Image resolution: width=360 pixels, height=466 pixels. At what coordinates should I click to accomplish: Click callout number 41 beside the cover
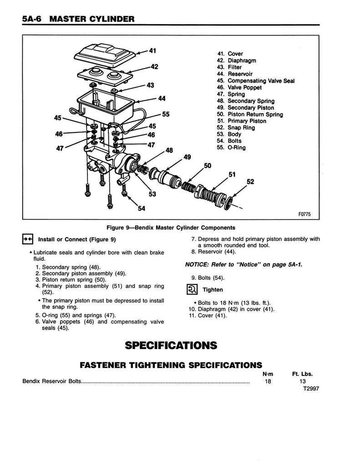tap(152, 51)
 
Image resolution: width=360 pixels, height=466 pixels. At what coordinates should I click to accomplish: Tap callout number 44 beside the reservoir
tap(161, 98)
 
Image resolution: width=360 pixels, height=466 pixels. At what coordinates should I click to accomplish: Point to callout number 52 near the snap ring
tap(250, 182)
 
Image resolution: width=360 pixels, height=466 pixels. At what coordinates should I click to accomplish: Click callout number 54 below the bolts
tap(142, 209)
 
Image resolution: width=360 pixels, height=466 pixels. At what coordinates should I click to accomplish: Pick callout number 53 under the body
tap(152, 194)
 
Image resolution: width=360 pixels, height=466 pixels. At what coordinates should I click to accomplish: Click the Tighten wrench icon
tap(192, 289)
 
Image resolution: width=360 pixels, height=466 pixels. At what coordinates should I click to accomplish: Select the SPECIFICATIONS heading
tap(171, 345)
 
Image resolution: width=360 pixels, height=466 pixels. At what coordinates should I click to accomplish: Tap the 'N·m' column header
tap(268, 374)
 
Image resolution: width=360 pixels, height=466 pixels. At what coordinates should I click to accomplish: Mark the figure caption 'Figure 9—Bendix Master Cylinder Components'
tap(170, 228)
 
